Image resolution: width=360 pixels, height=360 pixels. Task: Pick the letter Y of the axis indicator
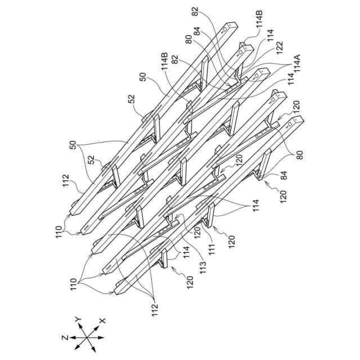[x=78, y=320]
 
